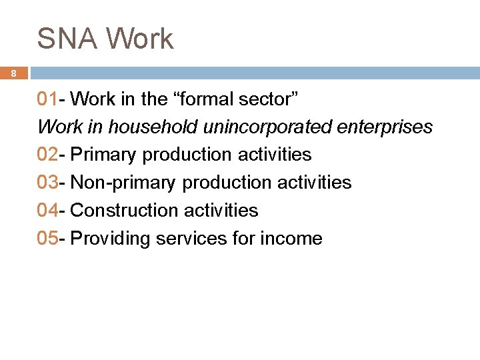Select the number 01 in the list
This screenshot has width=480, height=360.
(x=47, y=99)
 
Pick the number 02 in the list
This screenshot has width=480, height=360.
(x=47, y=155)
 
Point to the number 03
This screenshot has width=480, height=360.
(x=47, y=182)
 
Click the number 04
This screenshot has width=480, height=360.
(x=47, y=210)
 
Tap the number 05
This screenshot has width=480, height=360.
(x=47, y=238)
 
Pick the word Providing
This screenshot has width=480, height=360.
(x=110, y=238)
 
